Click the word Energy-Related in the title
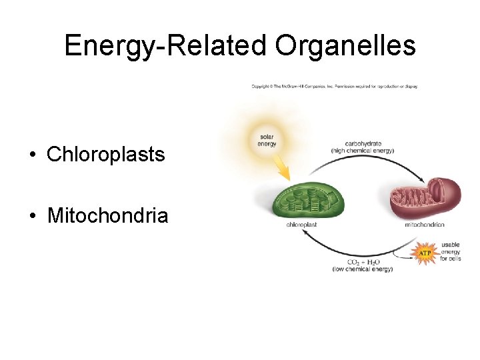pos(156,46)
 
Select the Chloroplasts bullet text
pos(105,155)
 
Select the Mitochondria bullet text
pos(107,215)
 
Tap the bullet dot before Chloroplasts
pos(32,155)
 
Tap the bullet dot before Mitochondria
pos(32,216)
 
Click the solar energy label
pos(267,140)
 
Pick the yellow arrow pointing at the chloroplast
pos(283,171)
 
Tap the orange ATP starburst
pos(424,253)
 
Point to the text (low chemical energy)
pos(362,269)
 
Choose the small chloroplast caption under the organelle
pos(301,225)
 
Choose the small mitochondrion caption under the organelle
pos(424,225)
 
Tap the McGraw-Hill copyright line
pos(334,87)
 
